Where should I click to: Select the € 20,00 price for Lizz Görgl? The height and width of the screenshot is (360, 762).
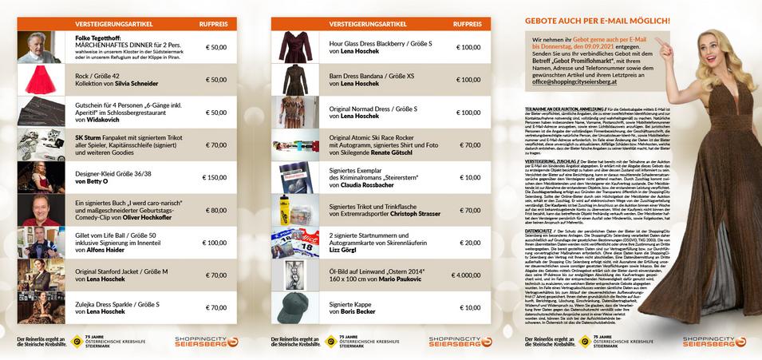tap(469, 243)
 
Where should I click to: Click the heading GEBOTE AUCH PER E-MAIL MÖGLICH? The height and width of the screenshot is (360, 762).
tap(597, 19)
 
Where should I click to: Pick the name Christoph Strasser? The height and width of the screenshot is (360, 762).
tap(412, 213)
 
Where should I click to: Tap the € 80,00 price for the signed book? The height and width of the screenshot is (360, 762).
tap(215, 210)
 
